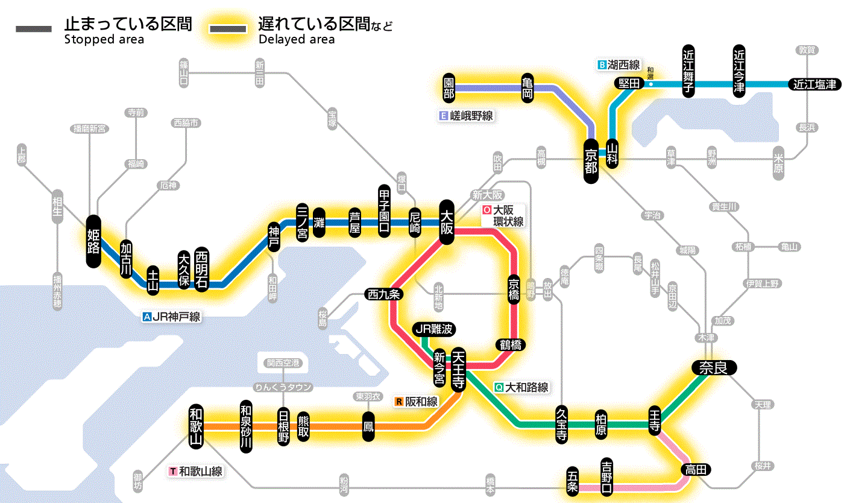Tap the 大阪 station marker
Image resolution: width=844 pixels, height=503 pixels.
pos(447,222)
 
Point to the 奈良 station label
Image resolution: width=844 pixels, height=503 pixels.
pos(713,367)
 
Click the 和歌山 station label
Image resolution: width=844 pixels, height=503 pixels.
pos(196,426)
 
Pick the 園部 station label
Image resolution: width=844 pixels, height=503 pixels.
pos(449,88)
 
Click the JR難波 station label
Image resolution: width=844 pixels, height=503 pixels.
pos(434,329)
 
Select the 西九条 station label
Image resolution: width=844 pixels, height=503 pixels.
pos(384,294)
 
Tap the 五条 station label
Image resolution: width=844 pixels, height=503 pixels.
pos(573,481)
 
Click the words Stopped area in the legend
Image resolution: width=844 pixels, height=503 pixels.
pos(104,40)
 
